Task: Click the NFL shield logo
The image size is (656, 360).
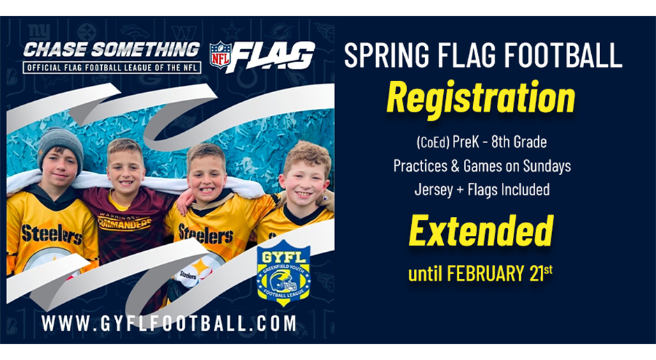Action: (221, 54)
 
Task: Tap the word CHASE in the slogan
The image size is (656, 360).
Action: (49, 50)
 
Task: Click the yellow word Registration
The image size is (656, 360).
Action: (481, 98)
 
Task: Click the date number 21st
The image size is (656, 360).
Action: (539, 272)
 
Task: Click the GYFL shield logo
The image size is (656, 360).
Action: (283, 272)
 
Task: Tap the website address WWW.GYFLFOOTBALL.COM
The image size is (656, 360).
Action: (169, 324)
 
